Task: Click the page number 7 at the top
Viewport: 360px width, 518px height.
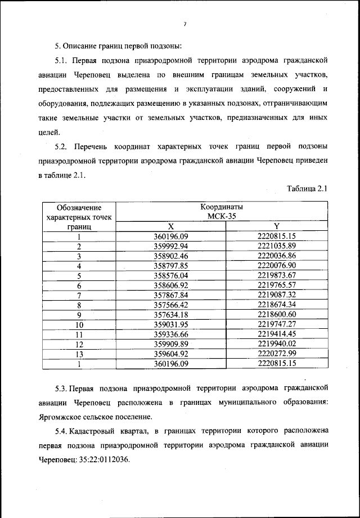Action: tap(184, 24)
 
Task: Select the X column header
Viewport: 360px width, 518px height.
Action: tap(170, 226)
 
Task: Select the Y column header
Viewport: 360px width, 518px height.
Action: tap(276, 226)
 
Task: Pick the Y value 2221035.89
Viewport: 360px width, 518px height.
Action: tap(276, 246)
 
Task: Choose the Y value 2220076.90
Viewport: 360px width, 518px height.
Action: tap(276, 266)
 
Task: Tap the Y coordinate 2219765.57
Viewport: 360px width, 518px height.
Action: tap(276, 285)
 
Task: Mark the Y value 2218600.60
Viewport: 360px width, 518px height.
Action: tap(276, 314)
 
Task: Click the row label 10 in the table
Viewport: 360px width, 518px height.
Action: tap(79, 324)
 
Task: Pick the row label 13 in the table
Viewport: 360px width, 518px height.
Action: tap(79, 354)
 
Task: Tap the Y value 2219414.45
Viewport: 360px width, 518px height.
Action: tap(276, 334)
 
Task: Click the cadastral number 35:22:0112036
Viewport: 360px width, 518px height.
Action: tap(100, 459)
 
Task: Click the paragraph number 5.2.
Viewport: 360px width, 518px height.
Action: tap(62, 146)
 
